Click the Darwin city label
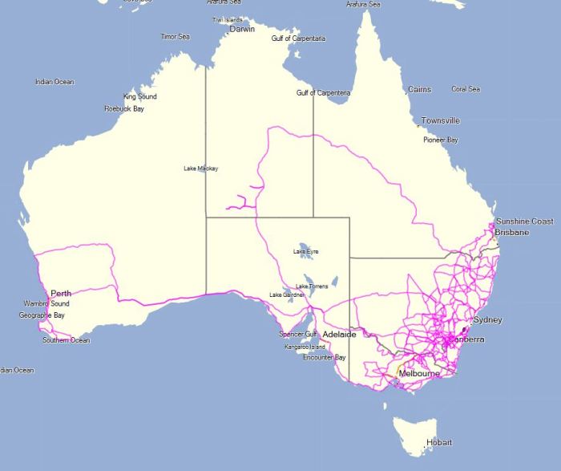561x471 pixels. tap(242, 29)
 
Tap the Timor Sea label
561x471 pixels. tap(175, 37)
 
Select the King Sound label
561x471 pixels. tap(140, 96)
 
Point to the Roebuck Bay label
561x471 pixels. tap(124, 108)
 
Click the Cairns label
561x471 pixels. tap(419, 90)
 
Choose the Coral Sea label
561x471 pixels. tap(466, 89)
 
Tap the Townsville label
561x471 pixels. tap(441, 121)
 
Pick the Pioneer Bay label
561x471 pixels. tap(441, 140)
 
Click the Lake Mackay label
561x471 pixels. tap(200, 169)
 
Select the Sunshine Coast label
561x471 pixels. tap(524, 221)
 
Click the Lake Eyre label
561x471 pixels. tap(305, 252)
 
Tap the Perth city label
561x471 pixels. tap(61, 294)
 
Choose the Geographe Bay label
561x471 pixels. tap(42, 315)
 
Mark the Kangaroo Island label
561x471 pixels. tap(305, 347)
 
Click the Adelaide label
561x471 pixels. tap(339, 333)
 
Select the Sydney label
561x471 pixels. tap(487, 320)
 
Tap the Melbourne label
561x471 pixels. tap(419, 374)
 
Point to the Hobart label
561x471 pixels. tap(439, 443)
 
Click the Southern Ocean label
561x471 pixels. tap(67, 340)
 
